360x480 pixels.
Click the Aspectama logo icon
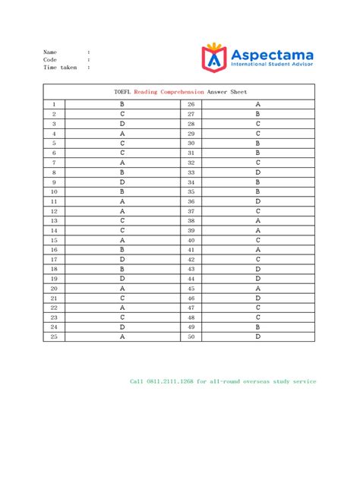214,57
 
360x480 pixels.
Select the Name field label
50,52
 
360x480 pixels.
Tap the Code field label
50,59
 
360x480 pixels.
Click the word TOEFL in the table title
122,91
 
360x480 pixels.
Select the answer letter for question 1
122,104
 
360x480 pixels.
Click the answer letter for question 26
258,104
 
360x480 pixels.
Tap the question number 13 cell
54,220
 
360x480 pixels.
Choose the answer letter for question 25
122,336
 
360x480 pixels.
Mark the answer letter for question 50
258,336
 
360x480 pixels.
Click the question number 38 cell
191,220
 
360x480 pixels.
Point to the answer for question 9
122,182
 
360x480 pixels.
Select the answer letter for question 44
258,279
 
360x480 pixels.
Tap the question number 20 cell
54,289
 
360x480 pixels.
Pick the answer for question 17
122,259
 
